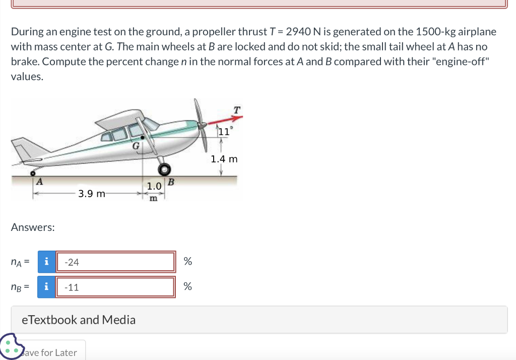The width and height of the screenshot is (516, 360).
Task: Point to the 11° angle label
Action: tap(224, 132)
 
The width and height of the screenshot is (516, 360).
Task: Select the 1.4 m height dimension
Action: tap(224, 159)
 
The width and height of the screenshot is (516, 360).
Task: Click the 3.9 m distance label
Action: tap(92, 193)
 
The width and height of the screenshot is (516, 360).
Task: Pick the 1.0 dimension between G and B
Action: tap(154, 187)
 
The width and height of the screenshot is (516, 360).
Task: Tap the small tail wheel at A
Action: tap(31, 173)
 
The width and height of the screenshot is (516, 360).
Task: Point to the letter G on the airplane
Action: tap(135, 146)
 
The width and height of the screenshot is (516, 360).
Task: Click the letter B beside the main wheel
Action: tap(170, 182)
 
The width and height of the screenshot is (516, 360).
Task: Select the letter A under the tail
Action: tap(38, 182)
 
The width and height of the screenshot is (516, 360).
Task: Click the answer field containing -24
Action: tap(115, 262)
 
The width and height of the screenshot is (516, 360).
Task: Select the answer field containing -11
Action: tap(115, 287)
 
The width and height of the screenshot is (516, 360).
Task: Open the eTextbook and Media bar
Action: tap(259, 320)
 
